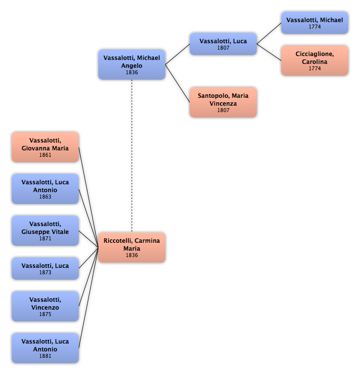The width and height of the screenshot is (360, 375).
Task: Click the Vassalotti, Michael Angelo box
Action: click(x=132, y=64)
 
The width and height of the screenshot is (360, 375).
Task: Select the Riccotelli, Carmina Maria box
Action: click(x=132, y=248)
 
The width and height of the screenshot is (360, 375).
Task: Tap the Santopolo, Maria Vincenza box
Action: click(x=223, y=102)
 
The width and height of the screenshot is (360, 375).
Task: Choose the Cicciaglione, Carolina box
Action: click(x=315, y=60)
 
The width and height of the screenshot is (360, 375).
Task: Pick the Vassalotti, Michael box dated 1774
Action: click(x=315, y=23)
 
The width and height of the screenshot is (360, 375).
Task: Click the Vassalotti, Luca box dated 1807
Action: click(x=223, y=44)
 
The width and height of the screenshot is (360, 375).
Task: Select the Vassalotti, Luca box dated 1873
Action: click(x=45, y=268)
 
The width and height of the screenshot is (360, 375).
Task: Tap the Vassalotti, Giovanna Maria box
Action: click(x=45, y=147)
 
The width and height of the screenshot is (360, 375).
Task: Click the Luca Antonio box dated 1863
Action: click(x=45, y=189)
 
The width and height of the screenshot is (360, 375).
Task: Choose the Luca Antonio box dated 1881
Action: click(x=45, y=348)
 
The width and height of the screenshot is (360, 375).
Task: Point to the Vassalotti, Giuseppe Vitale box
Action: click(x=45, y=231)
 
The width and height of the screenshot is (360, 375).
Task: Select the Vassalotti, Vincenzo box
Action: click(x=45, y=306)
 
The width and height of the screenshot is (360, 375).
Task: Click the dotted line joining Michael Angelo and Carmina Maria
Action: click(x=132, y=156)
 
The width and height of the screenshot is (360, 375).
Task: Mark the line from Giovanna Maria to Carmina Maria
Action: click(x=89, y=197)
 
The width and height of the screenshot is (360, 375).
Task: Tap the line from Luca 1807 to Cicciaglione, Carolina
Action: click(x=269, y=52)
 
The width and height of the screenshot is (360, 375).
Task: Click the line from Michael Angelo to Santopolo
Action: click(x=178, y=84)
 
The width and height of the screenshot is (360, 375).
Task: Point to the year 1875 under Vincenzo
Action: click(x=45, y=314)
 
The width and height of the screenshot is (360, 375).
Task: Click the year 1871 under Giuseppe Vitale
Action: click(x=45, y=238)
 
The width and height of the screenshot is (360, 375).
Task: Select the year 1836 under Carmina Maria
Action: click(x=132, y=255)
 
